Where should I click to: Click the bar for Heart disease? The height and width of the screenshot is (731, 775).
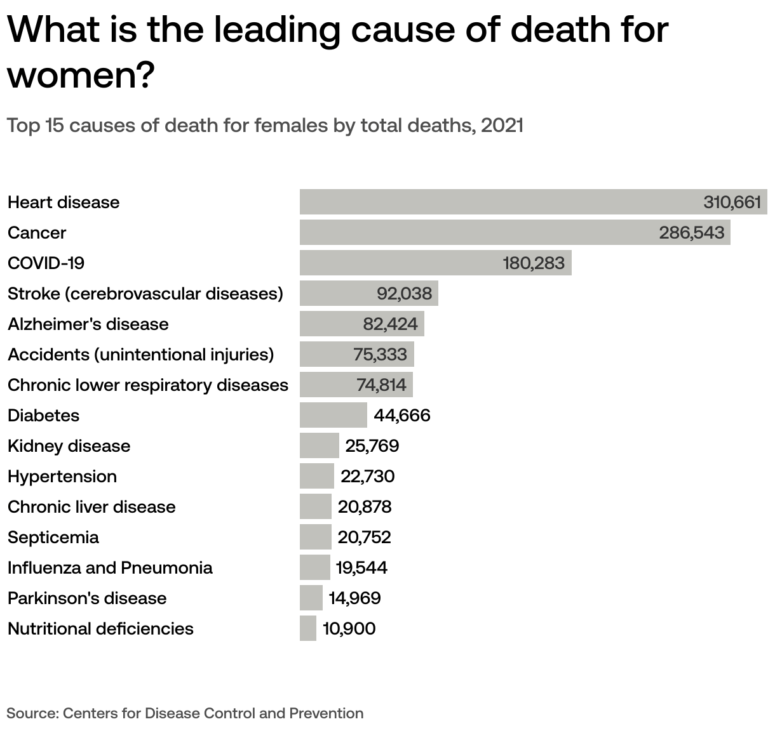(x=495, y=202)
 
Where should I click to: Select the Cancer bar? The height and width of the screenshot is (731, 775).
(x=476, y=232)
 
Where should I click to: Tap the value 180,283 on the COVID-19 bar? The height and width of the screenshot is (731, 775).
(x=534, y=263)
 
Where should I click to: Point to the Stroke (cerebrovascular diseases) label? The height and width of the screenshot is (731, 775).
(x=145, y=293)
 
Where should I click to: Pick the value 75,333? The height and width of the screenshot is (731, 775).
(x=380, y=354)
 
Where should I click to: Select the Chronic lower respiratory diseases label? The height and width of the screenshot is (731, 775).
(x=147, y=385)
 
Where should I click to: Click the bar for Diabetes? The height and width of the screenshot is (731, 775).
(x=333, y=415)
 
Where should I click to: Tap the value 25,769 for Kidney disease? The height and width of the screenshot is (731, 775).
(x=372, y=445)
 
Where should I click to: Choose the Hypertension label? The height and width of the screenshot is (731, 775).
(x=62, y=476)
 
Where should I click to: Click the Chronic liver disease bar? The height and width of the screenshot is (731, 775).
(x=315, y=506)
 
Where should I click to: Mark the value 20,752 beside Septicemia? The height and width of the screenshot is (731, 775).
(x=365, y=537)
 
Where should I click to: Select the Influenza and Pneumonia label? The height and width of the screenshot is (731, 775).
(x=110, y=567)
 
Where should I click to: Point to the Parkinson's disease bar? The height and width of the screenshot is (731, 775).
(x=311, y=598)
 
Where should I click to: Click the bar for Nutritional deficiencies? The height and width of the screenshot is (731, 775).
(x=307, y=628)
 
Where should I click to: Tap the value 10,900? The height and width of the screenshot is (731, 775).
(x=349, y=628)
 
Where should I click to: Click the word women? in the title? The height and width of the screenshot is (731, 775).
(x=81, y=76)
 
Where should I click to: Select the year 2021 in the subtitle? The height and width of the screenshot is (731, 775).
(x=502, y=125)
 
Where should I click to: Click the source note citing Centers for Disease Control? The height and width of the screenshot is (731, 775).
(x=185, y=713)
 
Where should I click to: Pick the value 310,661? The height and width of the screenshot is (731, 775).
(x=732, y=202)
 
